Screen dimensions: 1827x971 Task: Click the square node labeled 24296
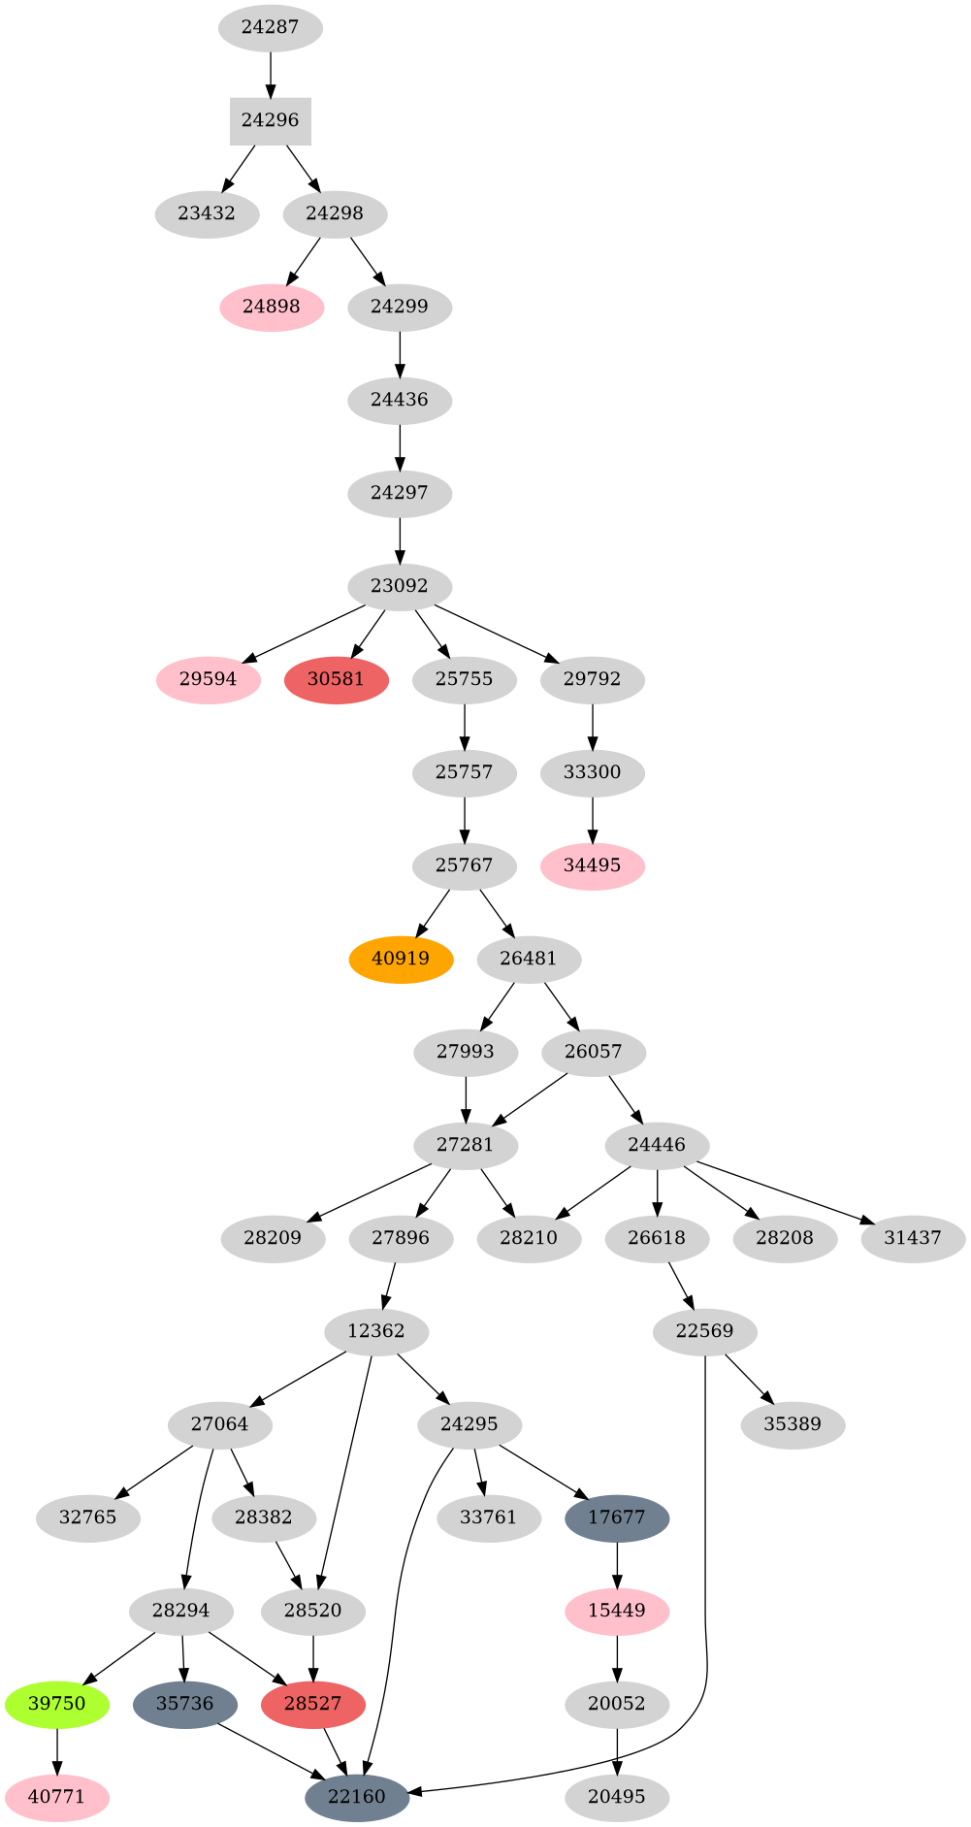pos(270,121)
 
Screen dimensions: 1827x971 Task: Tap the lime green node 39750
pos(57,1705)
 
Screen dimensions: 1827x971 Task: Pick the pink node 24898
pos(272,308)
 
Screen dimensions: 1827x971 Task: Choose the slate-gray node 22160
pos(357,1798)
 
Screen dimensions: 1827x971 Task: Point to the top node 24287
pos(270,28)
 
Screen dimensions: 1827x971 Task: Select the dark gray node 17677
pos(617,1518)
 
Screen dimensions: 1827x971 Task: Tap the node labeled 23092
pos(400,587)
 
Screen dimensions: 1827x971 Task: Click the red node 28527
pos(312,1705)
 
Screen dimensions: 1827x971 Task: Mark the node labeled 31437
pos(913,1239)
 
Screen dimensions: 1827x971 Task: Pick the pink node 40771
pos(57,1798)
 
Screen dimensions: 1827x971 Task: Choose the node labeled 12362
pos(375,1332)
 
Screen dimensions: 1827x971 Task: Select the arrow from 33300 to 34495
pos(593,819)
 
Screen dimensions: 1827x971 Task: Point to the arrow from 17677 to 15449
pos(617,1564)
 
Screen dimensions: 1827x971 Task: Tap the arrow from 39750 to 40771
pos(57,1750)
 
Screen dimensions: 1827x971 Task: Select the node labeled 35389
pos(793,1425)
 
